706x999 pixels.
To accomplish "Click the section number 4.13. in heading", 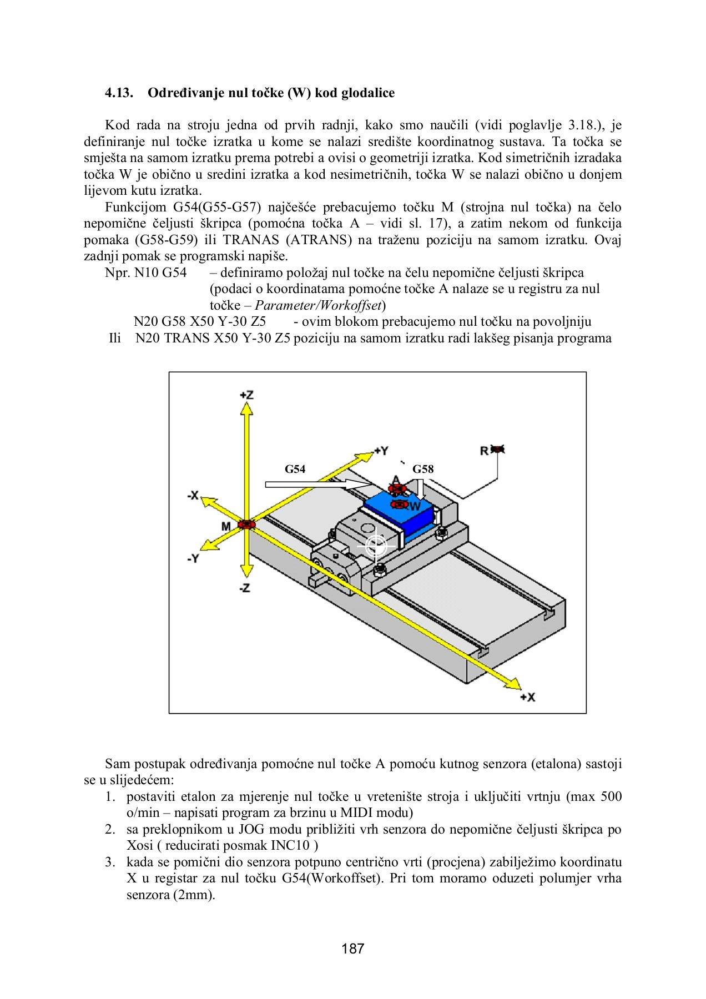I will click(119, 93).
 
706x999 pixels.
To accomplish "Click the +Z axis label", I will click(246, 395).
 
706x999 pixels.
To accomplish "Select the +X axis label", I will click(527, 697).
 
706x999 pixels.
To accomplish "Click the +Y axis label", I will click(381, 451).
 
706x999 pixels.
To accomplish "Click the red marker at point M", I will click(245, 524).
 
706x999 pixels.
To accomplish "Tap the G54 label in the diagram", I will click(295, 469).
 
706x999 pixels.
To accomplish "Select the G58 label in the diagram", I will click(422, 469).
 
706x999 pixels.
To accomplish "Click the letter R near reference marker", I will click(484, 451).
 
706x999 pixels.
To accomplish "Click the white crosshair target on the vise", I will click(376, 546).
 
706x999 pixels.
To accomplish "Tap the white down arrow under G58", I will click(421, 490).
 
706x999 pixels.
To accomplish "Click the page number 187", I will click(353, 948).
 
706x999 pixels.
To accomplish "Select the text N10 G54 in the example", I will click(160, 273).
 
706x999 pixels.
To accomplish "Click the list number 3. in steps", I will click(110, 862).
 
